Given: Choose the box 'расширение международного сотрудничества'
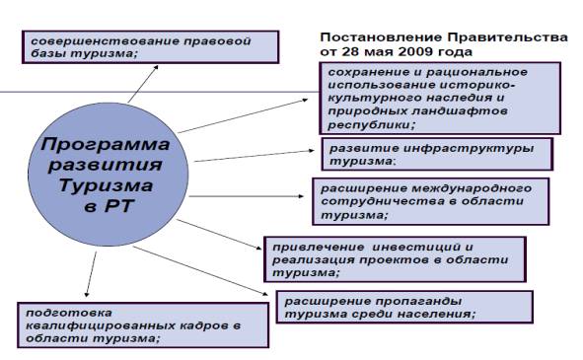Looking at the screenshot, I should (x=430, y=200).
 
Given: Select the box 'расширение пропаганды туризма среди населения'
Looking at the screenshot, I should (x=404, y=307).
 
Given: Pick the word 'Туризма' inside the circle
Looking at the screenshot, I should (x=106, y=184).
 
